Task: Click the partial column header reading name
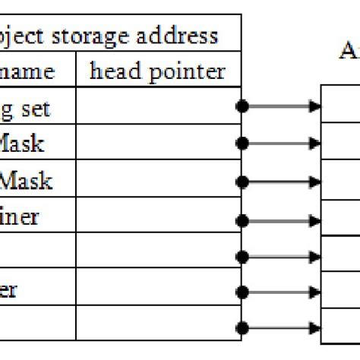[28, 71]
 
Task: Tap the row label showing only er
[8, 290]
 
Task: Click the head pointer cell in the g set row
[158, 106]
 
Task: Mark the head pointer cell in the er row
[158, 289]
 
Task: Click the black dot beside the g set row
[242, 106]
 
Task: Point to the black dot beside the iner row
[242, 221]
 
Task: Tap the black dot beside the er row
[242, 292]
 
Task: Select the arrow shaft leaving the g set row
[277, 106]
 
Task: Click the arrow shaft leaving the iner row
[277, 221]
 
